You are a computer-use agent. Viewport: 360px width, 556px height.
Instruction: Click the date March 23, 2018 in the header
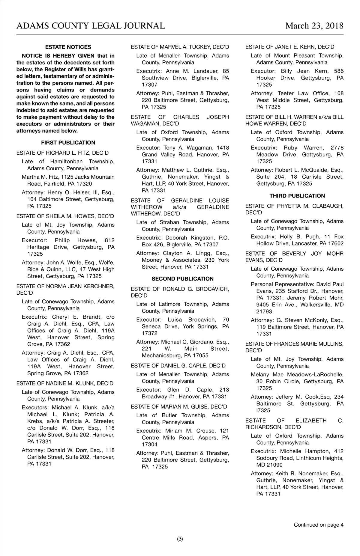314,26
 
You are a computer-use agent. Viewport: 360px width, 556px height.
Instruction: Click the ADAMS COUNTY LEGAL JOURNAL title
91,26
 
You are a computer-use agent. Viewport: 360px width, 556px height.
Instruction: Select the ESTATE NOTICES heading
68,47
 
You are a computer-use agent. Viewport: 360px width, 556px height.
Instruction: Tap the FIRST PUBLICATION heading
68,143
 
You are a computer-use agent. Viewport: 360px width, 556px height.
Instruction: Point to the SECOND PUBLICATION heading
182,279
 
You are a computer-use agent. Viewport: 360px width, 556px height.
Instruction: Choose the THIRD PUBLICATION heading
297,196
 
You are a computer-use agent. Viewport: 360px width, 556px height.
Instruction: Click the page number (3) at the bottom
180,539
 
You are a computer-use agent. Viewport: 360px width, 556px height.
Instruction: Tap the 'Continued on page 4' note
318,525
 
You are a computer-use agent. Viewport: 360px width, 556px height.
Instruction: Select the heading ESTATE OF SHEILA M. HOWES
65,216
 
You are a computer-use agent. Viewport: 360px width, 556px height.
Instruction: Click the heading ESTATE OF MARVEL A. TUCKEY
180,47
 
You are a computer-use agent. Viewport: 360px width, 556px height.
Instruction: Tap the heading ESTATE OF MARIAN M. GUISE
179,407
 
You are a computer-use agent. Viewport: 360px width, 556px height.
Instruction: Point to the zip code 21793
264,311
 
